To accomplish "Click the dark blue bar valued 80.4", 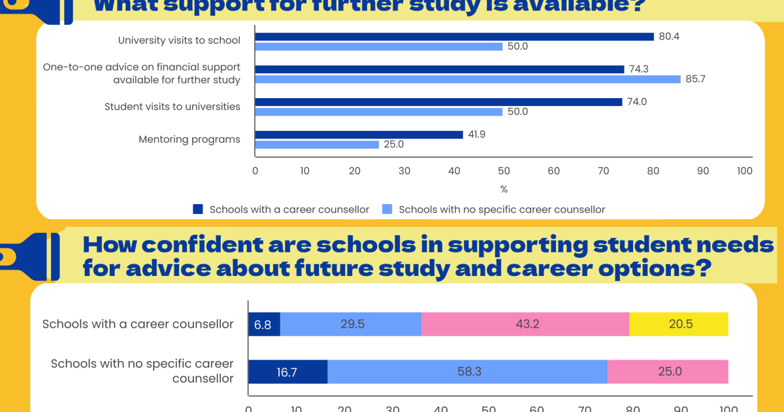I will point(454,37).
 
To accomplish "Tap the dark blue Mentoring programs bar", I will point(359,135).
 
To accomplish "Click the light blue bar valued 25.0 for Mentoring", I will point(317,145).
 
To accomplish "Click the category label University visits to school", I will point(179,41).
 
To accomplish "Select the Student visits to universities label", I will point(172,107).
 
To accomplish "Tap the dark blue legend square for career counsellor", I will point(198,209).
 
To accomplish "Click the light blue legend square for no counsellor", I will point(387,209).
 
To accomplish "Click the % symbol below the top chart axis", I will point(504,190).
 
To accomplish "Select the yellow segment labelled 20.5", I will point(678,324).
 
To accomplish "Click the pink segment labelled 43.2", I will point(525,324).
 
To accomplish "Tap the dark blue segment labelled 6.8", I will point(264,324).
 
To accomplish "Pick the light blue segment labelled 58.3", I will point(467,371).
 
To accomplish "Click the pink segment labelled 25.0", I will point(668,371).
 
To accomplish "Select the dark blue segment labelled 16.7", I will point(287,371).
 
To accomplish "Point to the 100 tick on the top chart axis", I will point(744,171).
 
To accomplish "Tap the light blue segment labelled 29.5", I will point(351,324).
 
